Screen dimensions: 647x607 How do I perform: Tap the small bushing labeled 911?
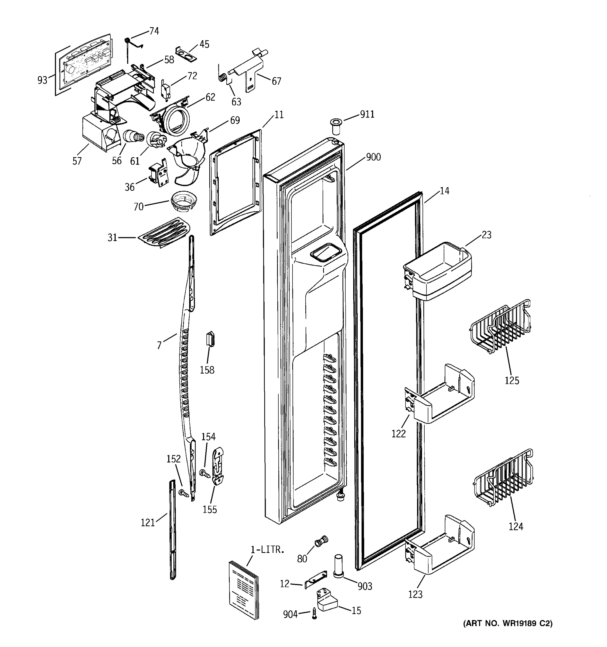(335, 126)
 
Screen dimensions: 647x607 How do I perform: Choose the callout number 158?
(207, 370)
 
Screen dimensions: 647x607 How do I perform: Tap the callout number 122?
(398, 433)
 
